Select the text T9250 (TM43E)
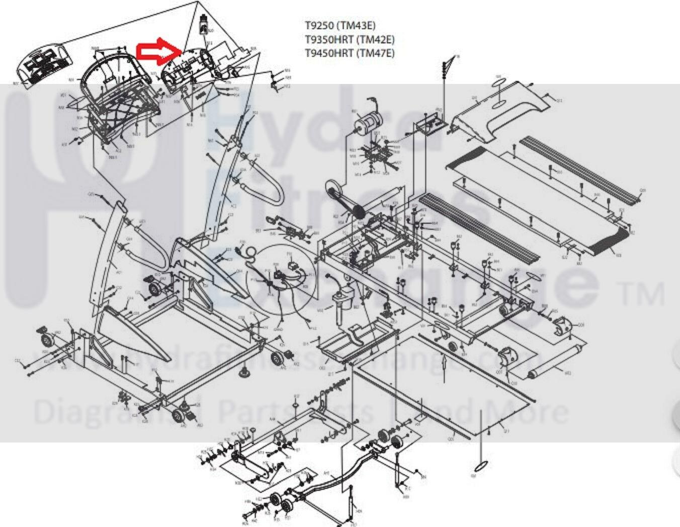tap(340, 25)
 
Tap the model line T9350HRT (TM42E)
tap(350, 39)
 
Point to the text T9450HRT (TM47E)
tap(350, 53)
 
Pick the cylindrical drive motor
tap(367, 122)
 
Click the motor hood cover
tap(498, 112)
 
